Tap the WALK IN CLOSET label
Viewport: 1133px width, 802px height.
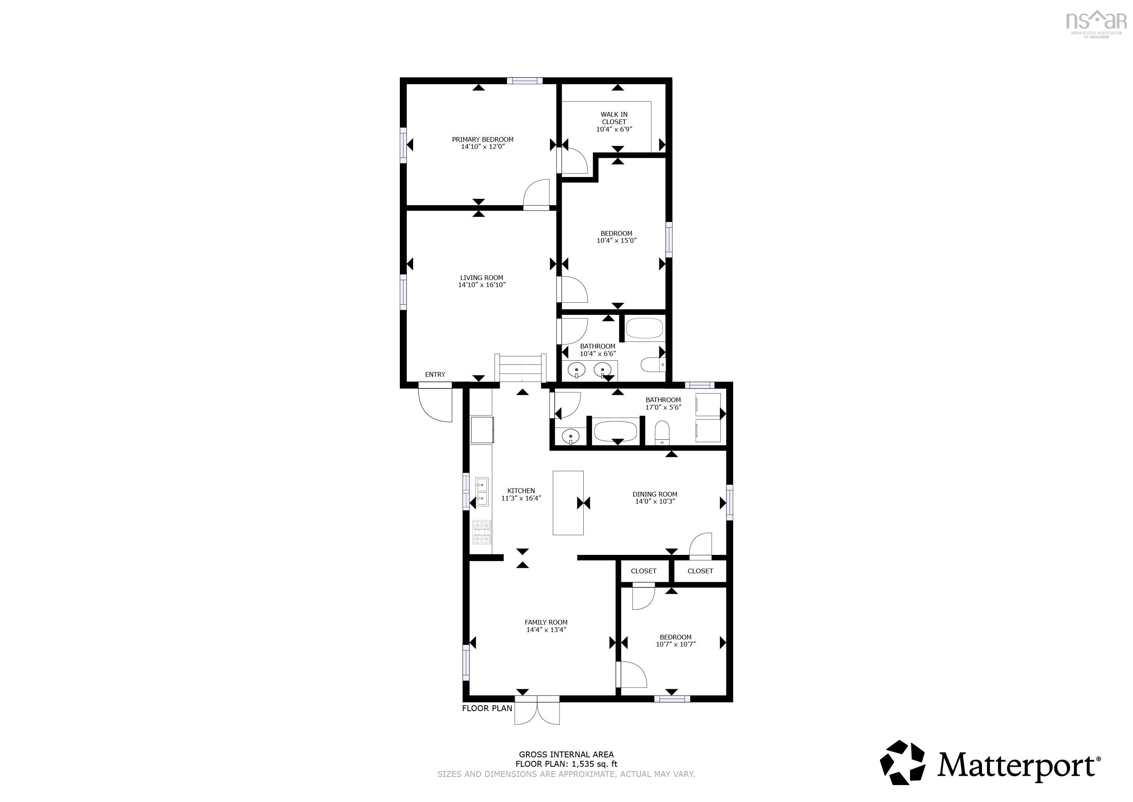coord(614,118)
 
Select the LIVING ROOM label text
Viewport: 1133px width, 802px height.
coord(482,278)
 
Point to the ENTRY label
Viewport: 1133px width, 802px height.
coord(435,374)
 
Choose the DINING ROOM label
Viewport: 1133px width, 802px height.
coord(655,494)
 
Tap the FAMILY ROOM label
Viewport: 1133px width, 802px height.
coord(546,622)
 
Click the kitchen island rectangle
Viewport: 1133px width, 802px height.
coord(568,503)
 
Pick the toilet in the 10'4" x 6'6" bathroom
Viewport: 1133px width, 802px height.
coord(653,365)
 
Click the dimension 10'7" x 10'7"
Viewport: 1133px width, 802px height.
coord(676,644)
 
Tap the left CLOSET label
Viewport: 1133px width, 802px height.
coord(644,571)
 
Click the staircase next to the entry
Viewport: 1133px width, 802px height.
coord(521,368)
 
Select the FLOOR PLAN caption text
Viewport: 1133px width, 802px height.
coord(487,708)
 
